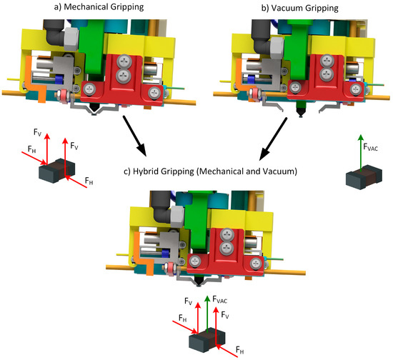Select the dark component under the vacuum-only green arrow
[x=361, y=179]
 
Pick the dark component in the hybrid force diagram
[x=204, y=339]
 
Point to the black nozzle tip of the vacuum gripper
[x=301, y=113]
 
